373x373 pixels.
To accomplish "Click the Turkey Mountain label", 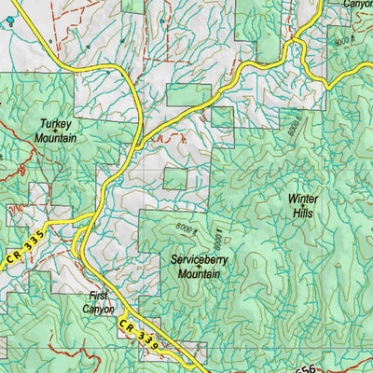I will pos(58,130).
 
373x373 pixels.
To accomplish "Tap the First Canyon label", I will pos(98,301).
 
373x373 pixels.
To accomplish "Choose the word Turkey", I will pos(58,122).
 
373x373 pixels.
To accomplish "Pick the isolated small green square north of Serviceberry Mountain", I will pos(175,178).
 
